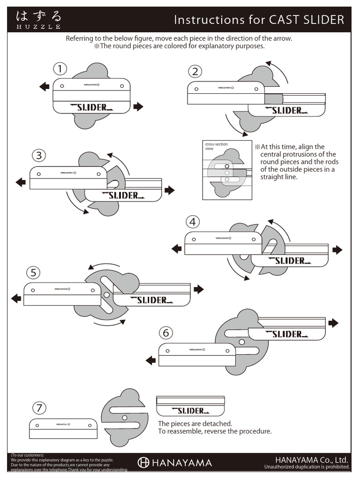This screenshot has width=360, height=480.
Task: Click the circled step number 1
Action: coord(60,69)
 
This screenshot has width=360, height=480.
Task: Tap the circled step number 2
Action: coord(195,71)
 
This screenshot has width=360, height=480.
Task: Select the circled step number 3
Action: coord(39,155)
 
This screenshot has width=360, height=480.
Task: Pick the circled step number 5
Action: coord(33,272)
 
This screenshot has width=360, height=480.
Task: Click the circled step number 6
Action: coord(165,333)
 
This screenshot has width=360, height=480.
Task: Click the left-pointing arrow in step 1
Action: coord(45,86)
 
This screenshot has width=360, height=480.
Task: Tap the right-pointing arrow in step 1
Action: coord(138,107)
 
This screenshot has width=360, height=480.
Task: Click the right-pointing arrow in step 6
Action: coord(333,323)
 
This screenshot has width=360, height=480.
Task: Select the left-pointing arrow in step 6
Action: coord(150,360)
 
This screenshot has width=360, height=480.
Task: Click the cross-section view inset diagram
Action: coord(227,170)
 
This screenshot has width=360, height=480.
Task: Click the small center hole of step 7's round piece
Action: coord(124,418)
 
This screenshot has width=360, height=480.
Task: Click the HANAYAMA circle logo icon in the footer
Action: coord(143,463)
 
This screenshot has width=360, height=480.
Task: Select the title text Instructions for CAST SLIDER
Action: coord(259,20)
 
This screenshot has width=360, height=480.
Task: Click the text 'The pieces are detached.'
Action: coord(195,423)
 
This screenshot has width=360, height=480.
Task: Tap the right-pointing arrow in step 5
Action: coord(199,289)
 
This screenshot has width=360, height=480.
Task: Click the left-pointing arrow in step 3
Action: coord(21,182)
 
